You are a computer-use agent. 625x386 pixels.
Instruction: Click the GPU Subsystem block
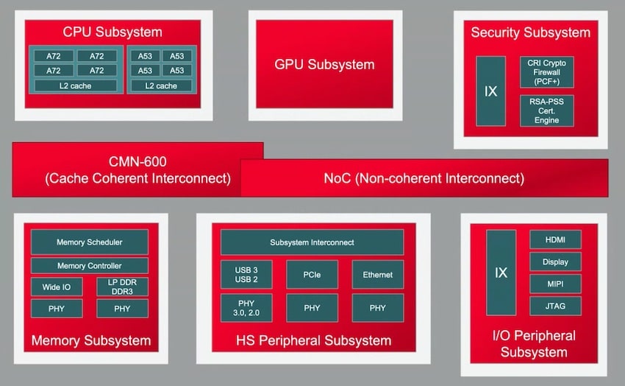coord(324,64)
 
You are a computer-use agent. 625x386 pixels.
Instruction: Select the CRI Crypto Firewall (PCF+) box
coord(546,72)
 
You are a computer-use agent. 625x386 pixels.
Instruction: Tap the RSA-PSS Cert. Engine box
coord(546,110)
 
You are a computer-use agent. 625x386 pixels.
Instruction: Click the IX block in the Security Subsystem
coord(490,91)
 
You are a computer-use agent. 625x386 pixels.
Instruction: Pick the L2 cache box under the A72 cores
coord(75,86)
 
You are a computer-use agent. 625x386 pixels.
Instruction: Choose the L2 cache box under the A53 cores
coord(161,86)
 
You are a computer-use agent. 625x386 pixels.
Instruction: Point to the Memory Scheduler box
coord(89,242)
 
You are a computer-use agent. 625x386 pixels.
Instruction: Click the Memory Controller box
coord(89,265)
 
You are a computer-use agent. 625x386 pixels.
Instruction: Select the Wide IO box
coord(57,287)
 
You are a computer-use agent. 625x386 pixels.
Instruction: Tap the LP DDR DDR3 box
coord(122,287)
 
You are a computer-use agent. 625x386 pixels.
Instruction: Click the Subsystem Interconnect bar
coord(312,242)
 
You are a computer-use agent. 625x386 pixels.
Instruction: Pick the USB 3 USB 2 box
coord(246,274)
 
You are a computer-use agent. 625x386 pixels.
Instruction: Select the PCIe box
coord(312,274)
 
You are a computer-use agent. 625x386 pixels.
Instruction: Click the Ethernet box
coord(378,274)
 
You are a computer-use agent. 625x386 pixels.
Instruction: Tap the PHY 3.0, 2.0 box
coord(246,308)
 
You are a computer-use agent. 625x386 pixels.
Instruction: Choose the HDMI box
coord(555,239)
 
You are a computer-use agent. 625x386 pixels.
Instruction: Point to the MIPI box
coord(555,284)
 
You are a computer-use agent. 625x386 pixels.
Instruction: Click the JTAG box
coord(555,306)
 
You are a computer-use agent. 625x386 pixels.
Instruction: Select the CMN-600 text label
coord(137,161)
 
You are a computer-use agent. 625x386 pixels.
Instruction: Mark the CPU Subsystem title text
coord(113,32)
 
